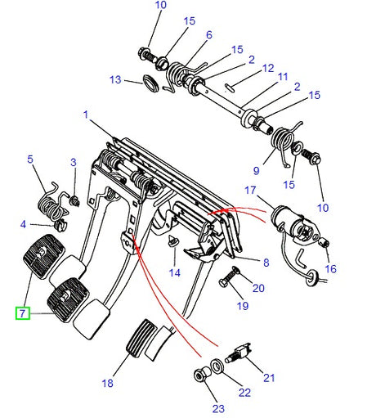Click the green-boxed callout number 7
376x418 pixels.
point(22,312)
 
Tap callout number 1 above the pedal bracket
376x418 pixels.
point(85,115)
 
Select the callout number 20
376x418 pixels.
point(258,287)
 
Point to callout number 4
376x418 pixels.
point(24,223)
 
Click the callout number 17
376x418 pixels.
point(250,190)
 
